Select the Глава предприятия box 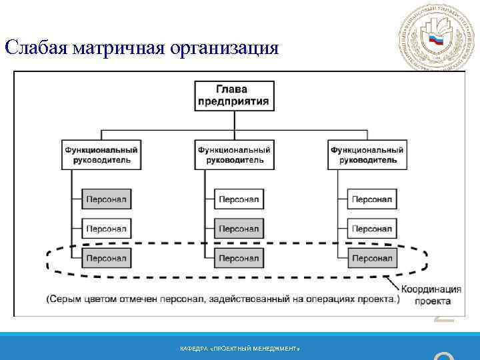coord(233,96)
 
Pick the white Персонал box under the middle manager coord(239,199)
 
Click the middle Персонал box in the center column coord(239,229)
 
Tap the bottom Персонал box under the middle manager coord(239,258)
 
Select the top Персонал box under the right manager coord(371,199)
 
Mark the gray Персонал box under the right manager coord(371,258)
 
